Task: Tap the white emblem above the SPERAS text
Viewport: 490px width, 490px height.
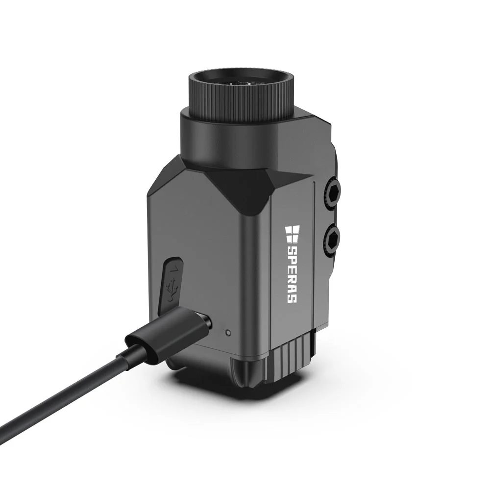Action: point(292,232)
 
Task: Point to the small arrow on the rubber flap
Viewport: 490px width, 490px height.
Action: point(175,268)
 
